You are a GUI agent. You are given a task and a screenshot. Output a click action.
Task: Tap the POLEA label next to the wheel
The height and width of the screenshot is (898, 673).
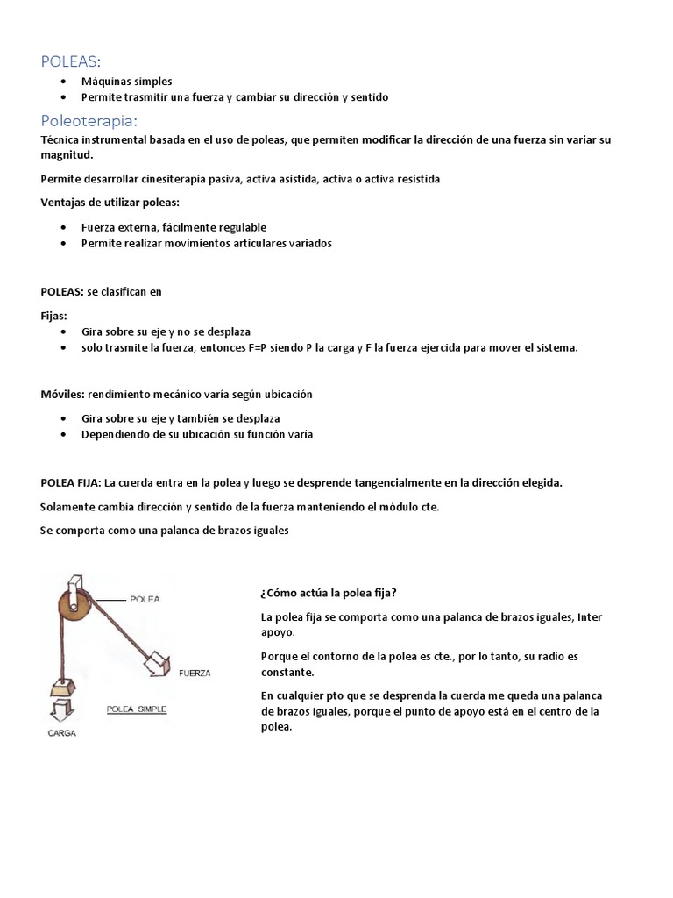click(144, 600)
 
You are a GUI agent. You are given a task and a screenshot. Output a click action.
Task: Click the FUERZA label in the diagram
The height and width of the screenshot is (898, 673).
click(196, 673)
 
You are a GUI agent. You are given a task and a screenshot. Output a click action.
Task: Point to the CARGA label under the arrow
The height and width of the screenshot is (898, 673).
click(61, 733)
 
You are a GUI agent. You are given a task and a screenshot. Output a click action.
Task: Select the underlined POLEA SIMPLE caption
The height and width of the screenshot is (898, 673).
click(136, 707)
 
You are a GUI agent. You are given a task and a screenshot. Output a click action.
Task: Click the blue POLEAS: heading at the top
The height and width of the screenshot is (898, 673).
click(71, 61)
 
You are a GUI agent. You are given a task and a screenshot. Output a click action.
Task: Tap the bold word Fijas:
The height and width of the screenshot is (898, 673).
click(53, 315)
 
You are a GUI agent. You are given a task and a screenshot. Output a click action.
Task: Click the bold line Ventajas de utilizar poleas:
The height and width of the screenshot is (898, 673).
click(110, 203)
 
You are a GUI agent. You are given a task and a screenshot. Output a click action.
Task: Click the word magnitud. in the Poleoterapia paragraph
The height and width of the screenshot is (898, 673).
click(67, 154)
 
